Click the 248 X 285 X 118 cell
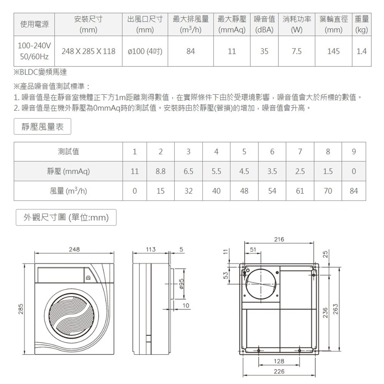coord(88,51)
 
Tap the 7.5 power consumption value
coord(296,51)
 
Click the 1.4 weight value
coord(361,51)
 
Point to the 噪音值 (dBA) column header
coord(264,24)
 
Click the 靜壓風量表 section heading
coord(43,127)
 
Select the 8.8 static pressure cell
coord(161,171)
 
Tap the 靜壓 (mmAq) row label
coord(68,171)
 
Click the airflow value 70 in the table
coord(328,190)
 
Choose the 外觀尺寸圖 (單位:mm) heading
coord(66,217)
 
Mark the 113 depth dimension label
coord(151,250)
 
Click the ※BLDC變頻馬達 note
coord(42,71)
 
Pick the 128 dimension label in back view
coord(279,361)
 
